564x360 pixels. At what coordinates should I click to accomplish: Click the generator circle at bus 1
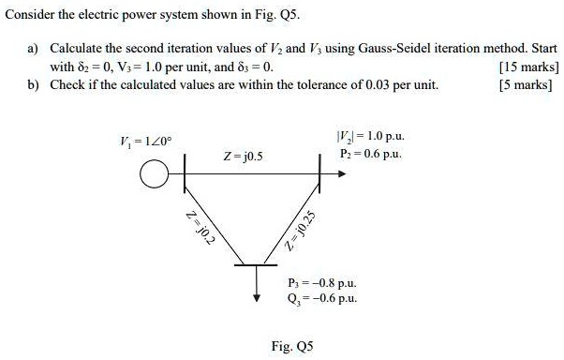point(150,174)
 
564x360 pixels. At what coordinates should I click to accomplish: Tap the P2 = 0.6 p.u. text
point(371,153)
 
